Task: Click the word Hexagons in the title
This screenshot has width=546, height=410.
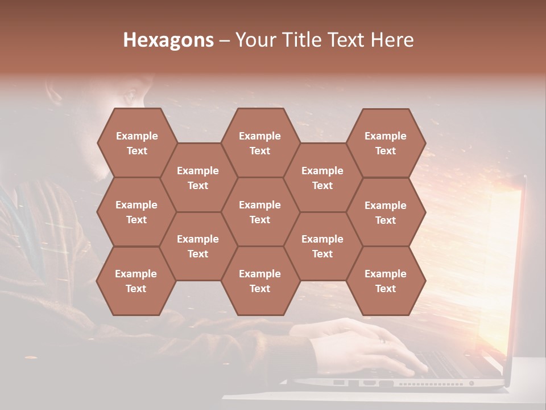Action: (x=168, y=40)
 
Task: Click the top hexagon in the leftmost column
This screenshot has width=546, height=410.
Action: (x=136, y=143)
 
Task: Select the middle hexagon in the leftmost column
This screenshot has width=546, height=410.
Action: (x=136, y=212)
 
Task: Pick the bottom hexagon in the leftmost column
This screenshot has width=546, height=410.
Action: (x=136, y=281)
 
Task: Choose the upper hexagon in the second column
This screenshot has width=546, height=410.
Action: (x=198, y=178)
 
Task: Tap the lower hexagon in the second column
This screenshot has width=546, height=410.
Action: (x=198, y=246)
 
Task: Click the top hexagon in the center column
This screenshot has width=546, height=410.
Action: (x=260, y=143)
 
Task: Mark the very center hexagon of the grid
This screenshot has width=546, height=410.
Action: (x=260, y=212)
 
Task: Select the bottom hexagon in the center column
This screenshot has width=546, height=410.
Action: (x=260, y=281)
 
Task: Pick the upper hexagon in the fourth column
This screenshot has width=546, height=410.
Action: (x=322, y=178)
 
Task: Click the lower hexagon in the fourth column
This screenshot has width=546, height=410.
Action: (x=322, y=246)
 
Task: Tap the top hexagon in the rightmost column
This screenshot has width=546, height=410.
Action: (x=386, y=143)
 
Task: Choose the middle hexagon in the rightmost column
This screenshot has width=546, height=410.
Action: (x=386, y=212)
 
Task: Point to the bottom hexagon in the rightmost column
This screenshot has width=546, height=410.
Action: (x=386, y=281)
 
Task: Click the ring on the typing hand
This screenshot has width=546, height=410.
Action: (x=383, y=341)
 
